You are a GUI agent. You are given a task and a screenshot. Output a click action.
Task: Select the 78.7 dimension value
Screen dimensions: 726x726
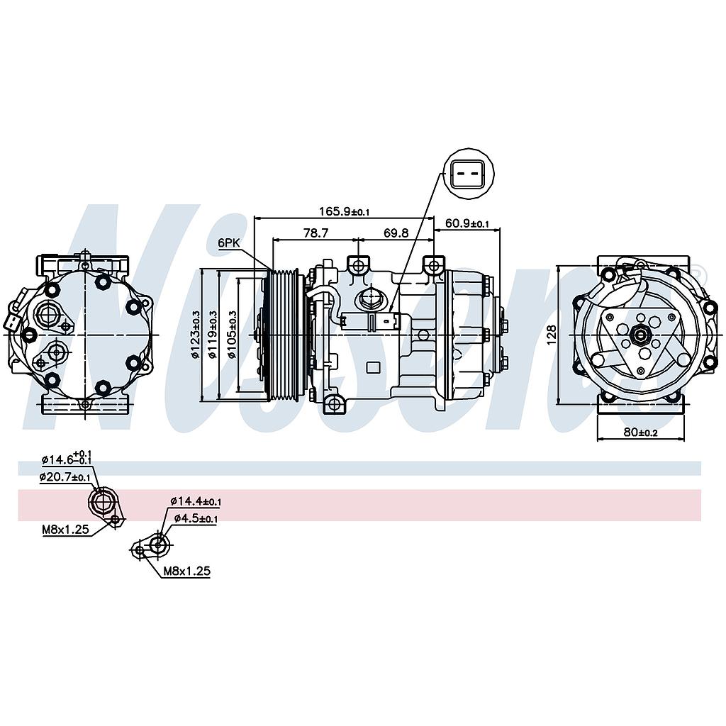315,232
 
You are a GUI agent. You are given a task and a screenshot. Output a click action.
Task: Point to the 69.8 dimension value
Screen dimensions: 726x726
396,232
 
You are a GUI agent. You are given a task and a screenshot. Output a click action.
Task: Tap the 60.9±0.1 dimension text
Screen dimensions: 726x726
467,224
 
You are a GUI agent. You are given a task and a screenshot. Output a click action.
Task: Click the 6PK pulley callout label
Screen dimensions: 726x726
229,242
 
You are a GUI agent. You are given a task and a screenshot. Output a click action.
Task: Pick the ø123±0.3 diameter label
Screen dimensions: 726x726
195,335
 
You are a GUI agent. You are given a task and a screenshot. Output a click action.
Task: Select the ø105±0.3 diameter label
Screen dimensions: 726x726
231,335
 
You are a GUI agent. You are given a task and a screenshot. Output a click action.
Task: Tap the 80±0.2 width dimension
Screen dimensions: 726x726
640,432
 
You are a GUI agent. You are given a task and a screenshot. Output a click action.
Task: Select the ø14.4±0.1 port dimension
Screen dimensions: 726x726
196,502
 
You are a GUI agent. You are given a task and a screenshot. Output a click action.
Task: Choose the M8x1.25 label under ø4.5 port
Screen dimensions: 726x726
187,570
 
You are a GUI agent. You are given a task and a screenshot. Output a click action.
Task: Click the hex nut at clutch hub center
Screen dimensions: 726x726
641,335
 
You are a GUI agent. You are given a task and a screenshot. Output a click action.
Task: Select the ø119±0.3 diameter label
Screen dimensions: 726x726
213,335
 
